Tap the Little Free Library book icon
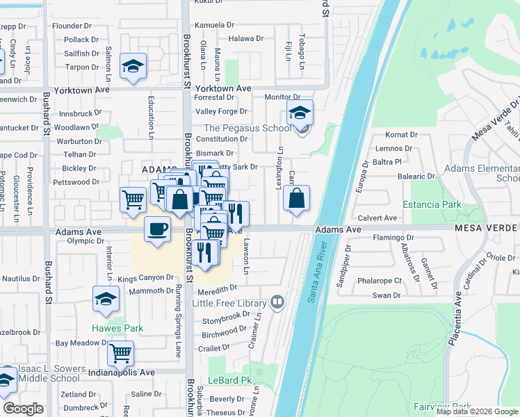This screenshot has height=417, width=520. [277, 302]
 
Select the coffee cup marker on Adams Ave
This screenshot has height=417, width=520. [158, 229]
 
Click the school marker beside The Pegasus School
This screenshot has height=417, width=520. [300, 112]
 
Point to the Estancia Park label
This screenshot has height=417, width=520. [432, 205]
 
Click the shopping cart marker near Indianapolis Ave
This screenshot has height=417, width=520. [121, 353]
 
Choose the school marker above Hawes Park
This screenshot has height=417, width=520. [106, 299]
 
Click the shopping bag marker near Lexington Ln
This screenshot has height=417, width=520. [296, 198]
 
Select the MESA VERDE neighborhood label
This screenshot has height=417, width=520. [487, 228]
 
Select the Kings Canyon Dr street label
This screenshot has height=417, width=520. [145, 278]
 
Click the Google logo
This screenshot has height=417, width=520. [23, 408]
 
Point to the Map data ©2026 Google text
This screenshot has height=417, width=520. [477, 411]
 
